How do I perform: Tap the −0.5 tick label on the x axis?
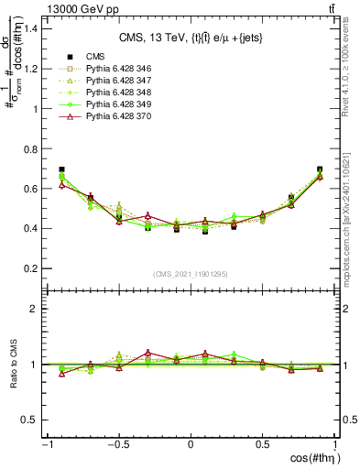[117, 445]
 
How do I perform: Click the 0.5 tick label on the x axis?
[263, 445]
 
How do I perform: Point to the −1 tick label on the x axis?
[45, 445]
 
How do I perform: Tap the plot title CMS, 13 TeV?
[191, 38]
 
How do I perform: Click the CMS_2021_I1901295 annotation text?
[191, 275]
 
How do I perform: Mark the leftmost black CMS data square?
[61, 169]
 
